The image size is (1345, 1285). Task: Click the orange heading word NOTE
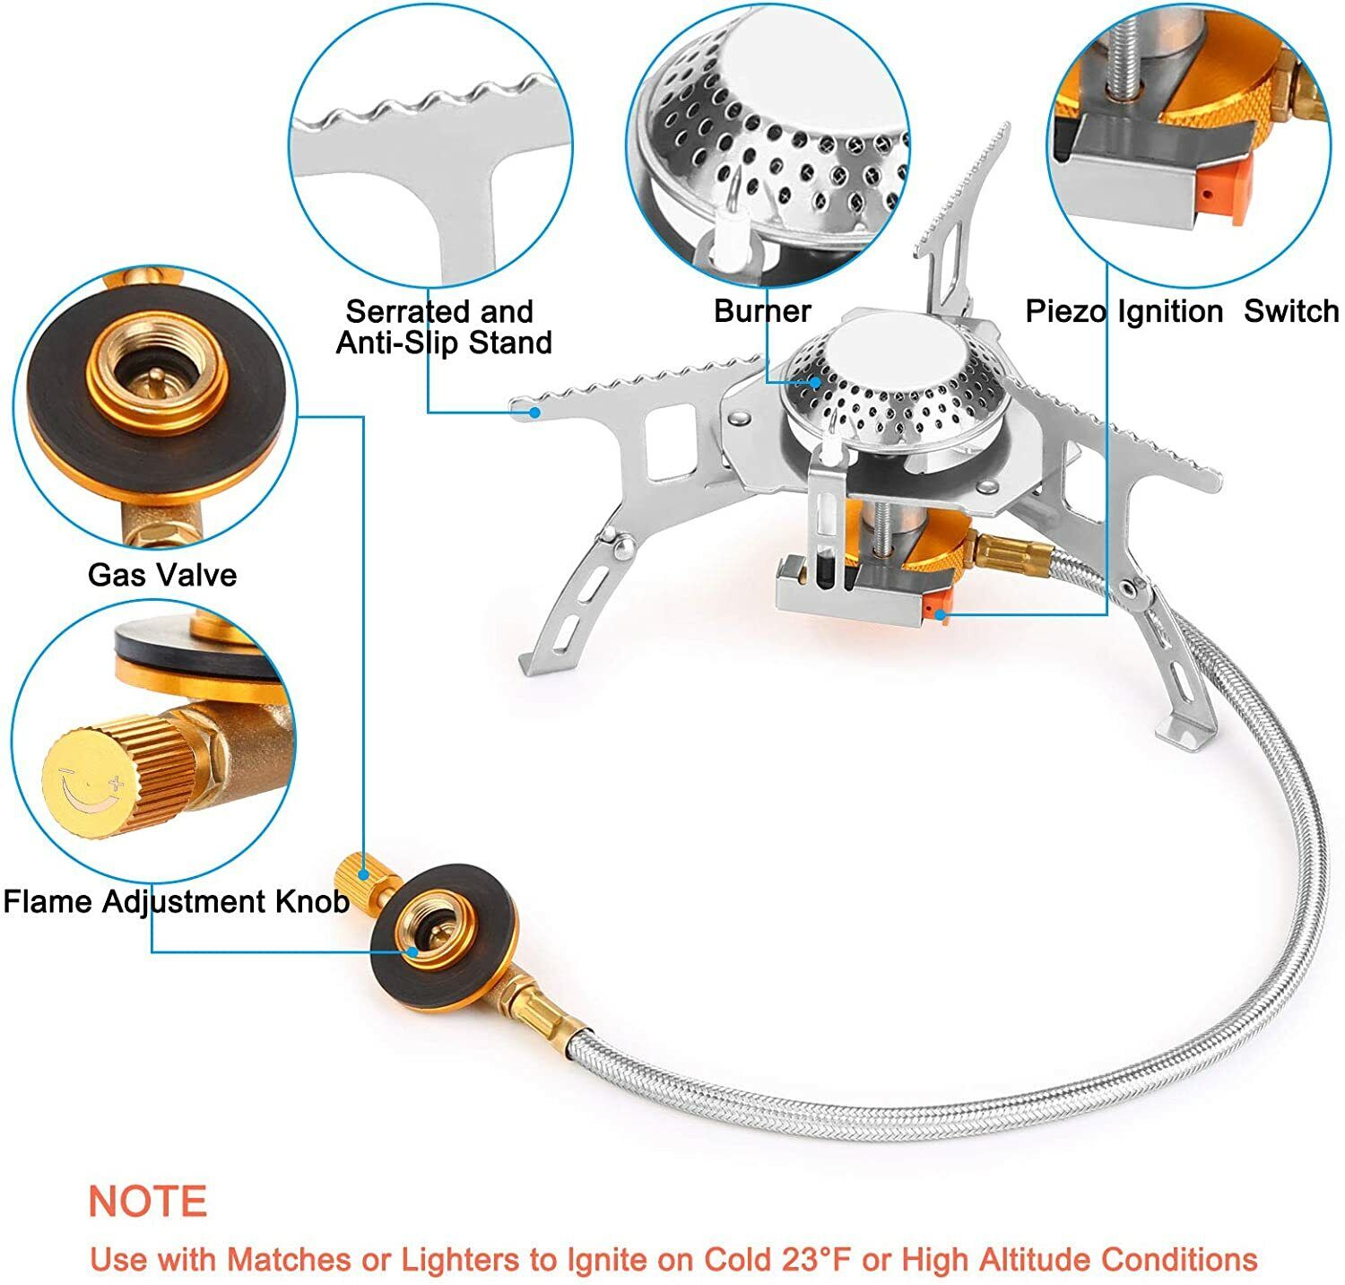coord(148,1201)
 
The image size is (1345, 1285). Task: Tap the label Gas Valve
coord(162,575)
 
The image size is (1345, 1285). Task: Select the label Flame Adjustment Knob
coord(176,901)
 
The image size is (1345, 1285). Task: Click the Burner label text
coord(762,311)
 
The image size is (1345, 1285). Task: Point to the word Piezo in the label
coord(1066,312)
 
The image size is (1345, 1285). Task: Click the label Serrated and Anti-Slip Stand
coord(443,327)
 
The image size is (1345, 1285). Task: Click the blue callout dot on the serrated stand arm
coord(534,412)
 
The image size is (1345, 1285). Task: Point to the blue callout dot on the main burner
coord(815,381)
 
